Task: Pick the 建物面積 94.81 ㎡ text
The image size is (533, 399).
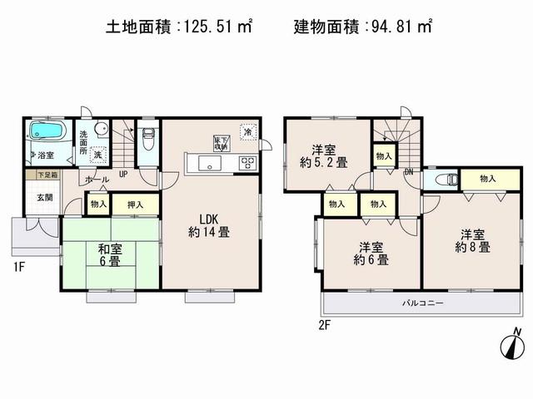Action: [x=362, y=27]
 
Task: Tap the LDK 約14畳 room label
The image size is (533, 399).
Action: [x=208, y=225]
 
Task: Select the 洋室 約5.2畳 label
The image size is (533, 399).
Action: [x=325, y=155]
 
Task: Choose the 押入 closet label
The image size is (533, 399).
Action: [x=133, y=204]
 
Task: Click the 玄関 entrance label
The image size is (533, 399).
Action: [x=44, y=197]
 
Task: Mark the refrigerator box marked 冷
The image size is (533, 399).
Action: [x=247, y=131]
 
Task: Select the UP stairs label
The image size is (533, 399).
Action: [x=122, y=174]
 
